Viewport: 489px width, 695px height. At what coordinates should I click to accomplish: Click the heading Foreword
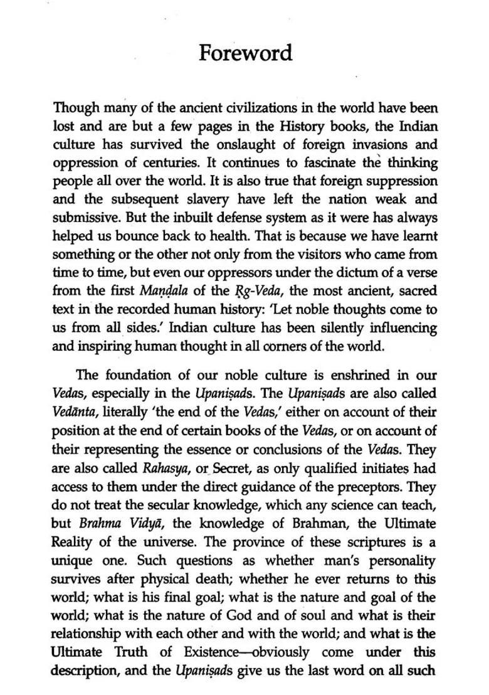click(245, 53)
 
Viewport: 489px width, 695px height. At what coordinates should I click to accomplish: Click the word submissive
click(86, 218)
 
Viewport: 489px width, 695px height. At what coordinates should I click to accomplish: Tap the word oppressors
click(248, 273)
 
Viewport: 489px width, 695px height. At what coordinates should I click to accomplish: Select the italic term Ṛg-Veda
click(241, 292)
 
